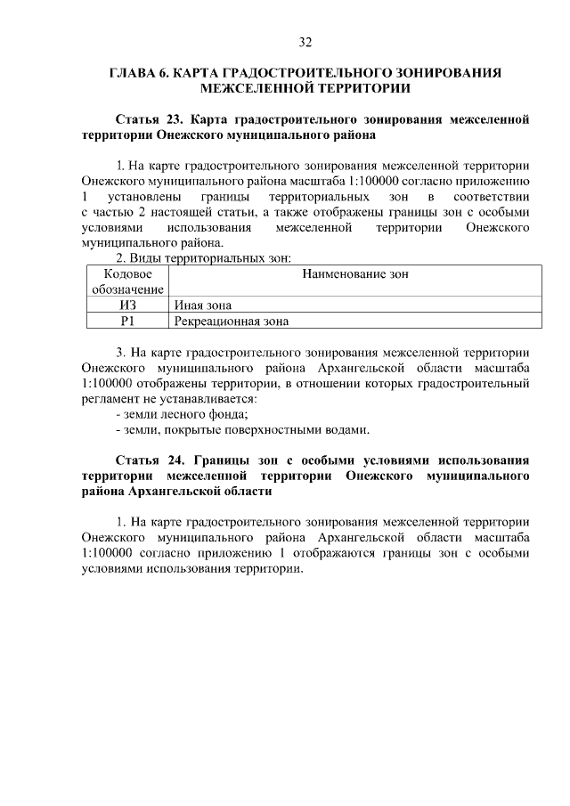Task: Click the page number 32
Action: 305,42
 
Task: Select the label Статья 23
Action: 146,118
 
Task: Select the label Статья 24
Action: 146,460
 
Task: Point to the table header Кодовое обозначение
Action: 127,281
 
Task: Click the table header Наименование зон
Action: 354,274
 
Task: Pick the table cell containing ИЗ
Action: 127,305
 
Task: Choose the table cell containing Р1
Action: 127,321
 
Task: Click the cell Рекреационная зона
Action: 231,321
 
